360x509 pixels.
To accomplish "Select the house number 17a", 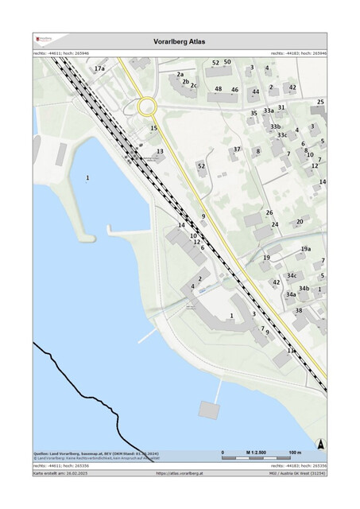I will click(x=99, y=69).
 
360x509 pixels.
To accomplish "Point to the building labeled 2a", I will click(x=180, y=74).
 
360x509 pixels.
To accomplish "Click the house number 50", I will click(x=227, y=62).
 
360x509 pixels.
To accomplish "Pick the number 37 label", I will click(x=236, y=150).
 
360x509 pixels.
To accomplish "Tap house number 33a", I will click(x=269, y=111).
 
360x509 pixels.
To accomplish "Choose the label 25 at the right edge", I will click(x=321, y=102).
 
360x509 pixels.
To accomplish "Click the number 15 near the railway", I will click(x=154, y=128).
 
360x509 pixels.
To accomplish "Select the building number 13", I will click(x=160, y=151).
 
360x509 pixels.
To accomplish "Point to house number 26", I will click(x=269, y=212).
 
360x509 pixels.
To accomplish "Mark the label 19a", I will click(x=305, y=249).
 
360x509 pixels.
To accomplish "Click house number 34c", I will click(x=292, y=275).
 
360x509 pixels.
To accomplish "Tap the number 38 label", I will click(x=299, y=310).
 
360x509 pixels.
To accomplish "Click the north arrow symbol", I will click(x=320, y=445).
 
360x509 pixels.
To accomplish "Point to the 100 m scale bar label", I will click(x=294, y=452).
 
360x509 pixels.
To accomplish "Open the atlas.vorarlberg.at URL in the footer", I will click(x=180, y=472).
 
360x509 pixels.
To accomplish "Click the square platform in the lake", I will click(x=208, y=409).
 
